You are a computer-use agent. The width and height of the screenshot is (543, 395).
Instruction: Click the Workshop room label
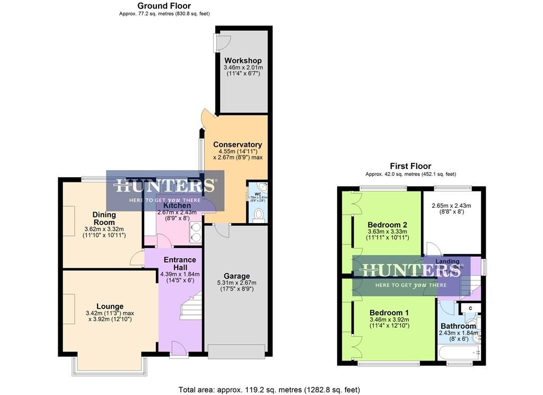(x=242, y=60)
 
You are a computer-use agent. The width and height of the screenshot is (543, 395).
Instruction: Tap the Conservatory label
(x=238, y=144)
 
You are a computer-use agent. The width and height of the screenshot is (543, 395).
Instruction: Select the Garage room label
(x=237, y=276)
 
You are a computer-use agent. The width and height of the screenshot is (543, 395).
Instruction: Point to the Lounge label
(x=110, y=306)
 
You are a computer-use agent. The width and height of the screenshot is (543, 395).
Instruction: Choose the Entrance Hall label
(x=180, y=264)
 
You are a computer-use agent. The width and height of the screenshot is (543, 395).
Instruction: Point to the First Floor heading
(x=410, y=166)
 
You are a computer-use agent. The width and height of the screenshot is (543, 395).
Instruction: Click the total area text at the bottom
(x=271, y=390)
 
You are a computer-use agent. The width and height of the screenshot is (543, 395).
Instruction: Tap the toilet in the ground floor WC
(x=259, y=213)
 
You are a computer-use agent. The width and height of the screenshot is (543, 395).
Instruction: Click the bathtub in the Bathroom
(x=457, y=352)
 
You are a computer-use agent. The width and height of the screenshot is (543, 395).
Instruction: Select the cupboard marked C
(x=470, y=308)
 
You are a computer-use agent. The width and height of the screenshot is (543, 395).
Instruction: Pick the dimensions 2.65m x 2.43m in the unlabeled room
(x=451, y=206)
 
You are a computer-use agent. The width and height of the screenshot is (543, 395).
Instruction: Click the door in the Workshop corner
(x=222, y=42)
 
